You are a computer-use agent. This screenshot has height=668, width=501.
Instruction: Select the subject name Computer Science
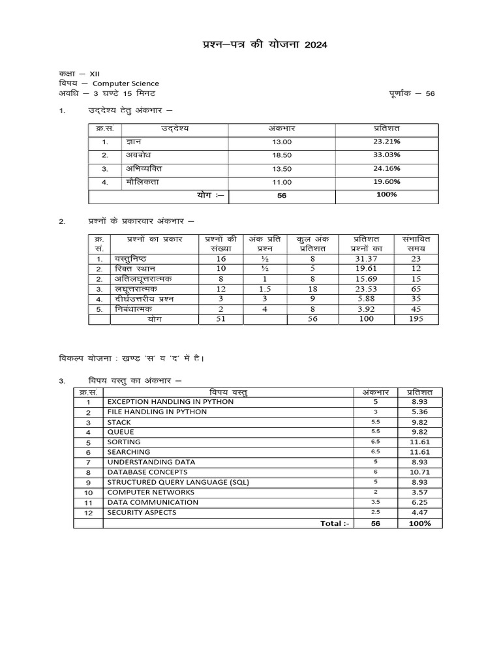click(125, 83)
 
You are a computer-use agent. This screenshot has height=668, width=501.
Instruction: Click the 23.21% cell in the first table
click(387, 141)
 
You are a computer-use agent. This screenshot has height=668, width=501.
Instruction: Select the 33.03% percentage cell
click(387, 155)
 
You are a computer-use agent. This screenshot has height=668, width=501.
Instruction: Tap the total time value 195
click(416, 319)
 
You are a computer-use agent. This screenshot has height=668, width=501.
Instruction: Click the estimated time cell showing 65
click(416, 288)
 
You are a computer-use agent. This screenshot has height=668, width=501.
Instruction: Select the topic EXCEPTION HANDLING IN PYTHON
click(170, 402)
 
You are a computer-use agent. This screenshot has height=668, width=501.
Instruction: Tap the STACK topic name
click(119, 422)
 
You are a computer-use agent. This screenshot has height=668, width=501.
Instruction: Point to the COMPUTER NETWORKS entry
click(151, 492)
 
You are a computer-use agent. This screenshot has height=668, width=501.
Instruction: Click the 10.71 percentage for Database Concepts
click(419, 472)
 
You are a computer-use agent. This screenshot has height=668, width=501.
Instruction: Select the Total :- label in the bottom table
click(335, 523)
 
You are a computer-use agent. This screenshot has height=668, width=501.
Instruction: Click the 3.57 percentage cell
click(419, 492)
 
